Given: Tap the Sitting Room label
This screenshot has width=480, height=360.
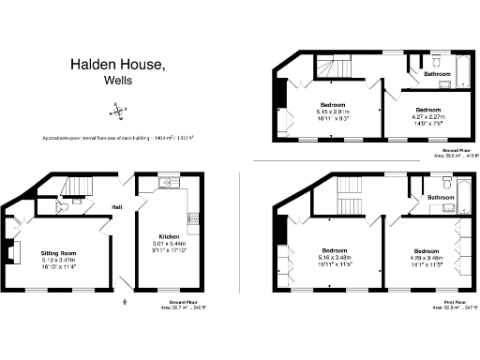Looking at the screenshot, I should pyautogui.click(x=58, y=253).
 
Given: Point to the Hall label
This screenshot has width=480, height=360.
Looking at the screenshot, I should pyautogui.click(x=117, y=206).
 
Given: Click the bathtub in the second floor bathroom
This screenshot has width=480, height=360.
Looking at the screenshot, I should pyautogui.click(x=465, y=73).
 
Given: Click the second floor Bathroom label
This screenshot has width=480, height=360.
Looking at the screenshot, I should pyautogui.click(x=438, y=73).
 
